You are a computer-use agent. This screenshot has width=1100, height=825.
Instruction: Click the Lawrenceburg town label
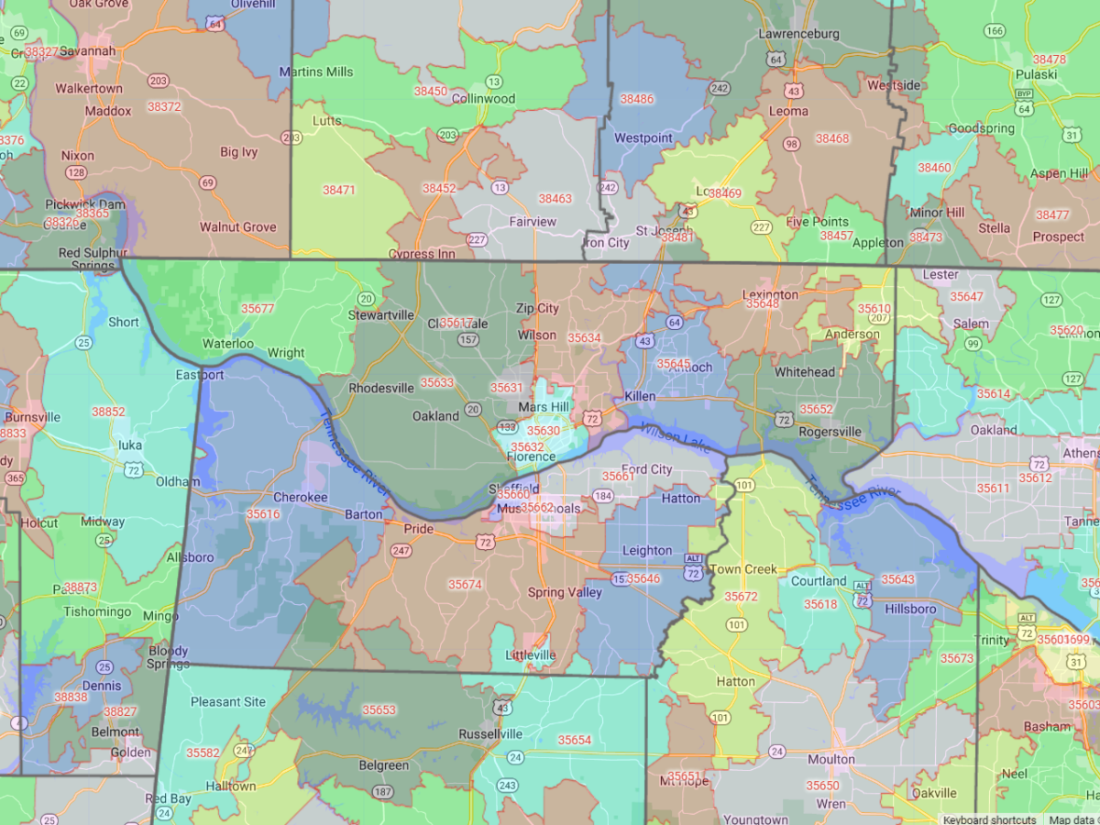coord(798,34)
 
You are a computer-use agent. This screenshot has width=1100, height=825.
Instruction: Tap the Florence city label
coord(531,456)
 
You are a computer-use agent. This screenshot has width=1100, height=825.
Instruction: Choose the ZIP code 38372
coord(164,107)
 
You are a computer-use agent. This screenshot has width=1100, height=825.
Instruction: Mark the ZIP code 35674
coord(465,584)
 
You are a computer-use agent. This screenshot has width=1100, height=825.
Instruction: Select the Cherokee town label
coord(300,497)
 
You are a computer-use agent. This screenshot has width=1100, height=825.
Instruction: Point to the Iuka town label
coord(130,445)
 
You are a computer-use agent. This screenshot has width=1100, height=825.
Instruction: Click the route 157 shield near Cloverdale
coord(468,340)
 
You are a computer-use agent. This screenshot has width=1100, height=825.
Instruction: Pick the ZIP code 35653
coord(379,709)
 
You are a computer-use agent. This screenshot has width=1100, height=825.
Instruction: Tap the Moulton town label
coord(830,759)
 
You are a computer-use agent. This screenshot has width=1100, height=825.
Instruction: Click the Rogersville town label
coord(830,432)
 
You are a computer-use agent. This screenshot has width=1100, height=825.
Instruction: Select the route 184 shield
coord(602,496)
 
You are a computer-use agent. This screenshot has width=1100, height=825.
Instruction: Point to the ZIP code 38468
coord(832,138)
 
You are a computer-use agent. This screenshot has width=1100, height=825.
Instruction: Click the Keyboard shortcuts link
coord(989,819)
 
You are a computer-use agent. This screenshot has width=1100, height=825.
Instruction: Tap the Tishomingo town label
coord(99,611)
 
